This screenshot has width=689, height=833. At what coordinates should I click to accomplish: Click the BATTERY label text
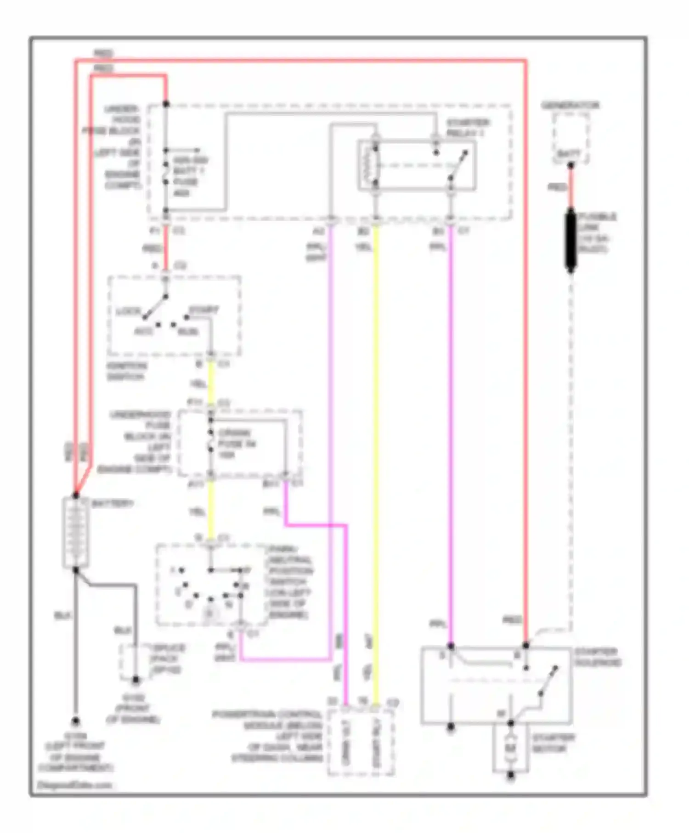(113, 504)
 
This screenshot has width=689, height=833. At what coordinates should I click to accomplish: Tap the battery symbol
(75, 533)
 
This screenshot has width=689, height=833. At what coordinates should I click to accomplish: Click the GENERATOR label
(570, 106)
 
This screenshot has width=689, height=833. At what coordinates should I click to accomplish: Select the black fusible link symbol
(570, 240)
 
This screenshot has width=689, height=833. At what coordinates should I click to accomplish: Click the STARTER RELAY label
(468, 128)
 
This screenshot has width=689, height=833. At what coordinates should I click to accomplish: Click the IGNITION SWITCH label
(127, 371)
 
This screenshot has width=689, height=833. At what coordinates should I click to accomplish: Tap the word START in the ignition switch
(204, 310)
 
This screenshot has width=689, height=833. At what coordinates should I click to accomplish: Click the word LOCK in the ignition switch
(128, 311)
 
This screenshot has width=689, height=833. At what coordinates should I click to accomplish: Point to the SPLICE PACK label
(168, 659)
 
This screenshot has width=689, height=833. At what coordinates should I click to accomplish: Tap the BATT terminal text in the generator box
(569, 154)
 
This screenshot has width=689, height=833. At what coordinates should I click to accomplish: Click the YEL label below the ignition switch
(198, 384)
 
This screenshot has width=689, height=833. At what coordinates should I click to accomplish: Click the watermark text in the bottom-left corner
(75, 785)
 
